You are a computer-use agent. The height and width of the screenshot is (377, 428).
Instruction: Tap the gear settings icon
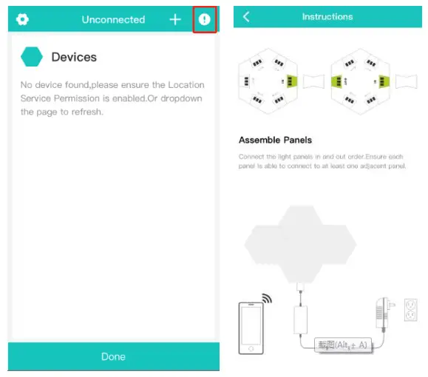click(22, 19)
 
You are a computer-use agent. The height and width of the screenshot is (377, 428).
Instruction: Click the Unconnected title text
click(113, 20)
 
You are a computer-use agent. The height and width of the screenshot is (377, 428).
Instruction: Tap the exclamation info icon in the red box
click(205, 19)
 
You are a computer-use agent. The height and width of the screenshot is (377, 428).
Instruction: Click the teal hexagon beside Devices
click(32, 57)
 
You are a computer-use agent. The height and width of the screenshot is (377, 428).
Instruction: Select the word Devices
click(74, 57)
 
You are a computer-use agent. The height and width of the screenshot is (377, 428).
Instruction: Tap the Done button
click(113, 356)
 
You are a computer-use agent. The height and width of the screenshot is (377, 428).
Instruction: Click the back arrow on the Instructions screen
click(246, 17)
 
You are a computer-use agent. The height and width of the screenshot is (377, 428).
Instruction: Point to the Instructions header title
click(327, 17)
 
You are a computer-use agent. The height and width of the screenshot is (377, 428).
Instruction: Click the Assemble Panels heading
click(275, 140)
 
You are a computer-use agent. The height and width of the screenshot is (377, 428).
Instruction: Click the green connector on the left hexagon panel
click(291, 81)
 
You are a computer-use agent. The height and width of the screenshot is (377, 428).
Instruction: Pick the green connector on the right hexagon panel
click(384, 81)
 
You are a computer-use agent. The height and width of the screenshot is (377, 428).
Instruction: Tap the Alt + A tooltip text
click(342, 345)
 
